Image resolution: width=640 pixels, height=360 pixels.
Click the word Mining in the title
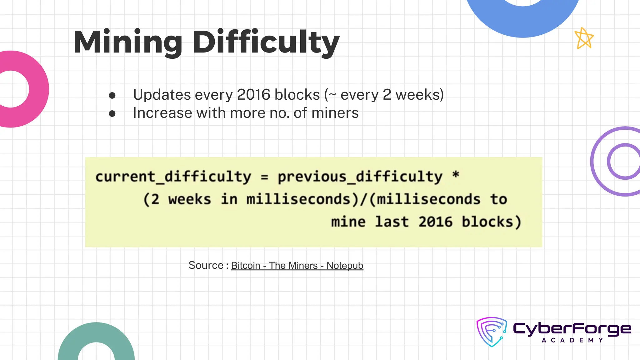pos(127,42)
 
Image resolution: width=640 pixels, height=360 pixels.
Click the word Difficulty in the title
pos(266,42)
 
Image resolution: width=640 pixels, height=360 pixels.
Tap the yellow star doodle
pos(584,39)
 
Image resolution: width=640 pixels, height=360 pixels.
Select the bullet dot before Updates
pos(112,95)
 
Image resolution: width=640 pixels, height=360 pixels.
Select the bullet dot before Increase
pos(112,113)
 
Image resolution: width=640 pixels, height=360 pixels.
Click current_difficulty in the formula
pos(173,177)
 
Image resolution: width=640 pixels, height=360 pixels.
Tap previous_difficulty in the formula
pos(360,177)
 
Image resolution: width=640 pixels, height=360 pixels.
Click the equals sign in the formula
pos(264,177)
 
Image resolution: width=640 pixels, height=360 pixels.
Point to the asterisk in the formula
pos(456,174)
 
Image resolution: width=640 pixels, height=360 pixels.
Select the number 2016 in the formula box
pos(435,222)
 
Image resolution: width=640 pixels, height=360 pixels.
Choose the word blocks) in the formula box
pos(492,222)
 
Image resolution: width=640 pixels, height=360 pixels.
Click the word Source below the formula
pos(206,265)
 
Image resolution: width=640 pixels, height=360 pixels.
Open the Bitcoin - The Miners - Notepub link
pos(297,266)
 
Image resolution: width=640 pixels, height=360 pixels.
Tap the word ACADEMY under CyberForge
pos(572,340)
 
